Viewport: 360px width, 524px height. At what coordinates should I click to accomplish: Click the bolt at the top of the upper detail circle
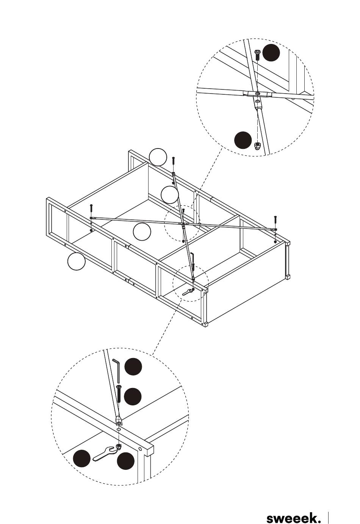pos(257,55)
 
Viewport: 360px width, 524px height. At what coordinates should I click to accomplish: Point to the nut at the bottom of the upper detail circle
pos(258,146)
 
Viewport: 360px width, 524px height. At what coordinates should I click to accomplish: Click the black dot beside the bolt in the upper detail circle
pos(271,53)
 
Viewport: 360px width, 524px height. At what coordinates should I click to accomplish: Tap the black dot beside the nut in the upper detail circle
pos(243,140)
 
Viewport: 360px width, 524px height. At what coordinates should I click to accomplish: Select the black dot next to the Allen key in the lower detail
pos(133,366)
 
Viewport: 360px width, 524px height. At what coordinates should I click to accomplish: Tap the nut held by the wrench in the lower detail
pos(119,446)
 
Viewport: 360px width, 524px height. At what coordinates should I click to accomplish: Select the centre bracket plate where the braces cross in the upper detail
pos(257,94)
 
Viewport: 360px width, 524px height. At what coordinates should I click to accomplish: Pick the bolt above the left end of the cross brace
pos(91,208)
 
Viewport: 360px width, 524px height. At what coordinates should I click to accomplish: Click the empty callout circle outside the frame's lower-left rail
pos(76,261)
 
